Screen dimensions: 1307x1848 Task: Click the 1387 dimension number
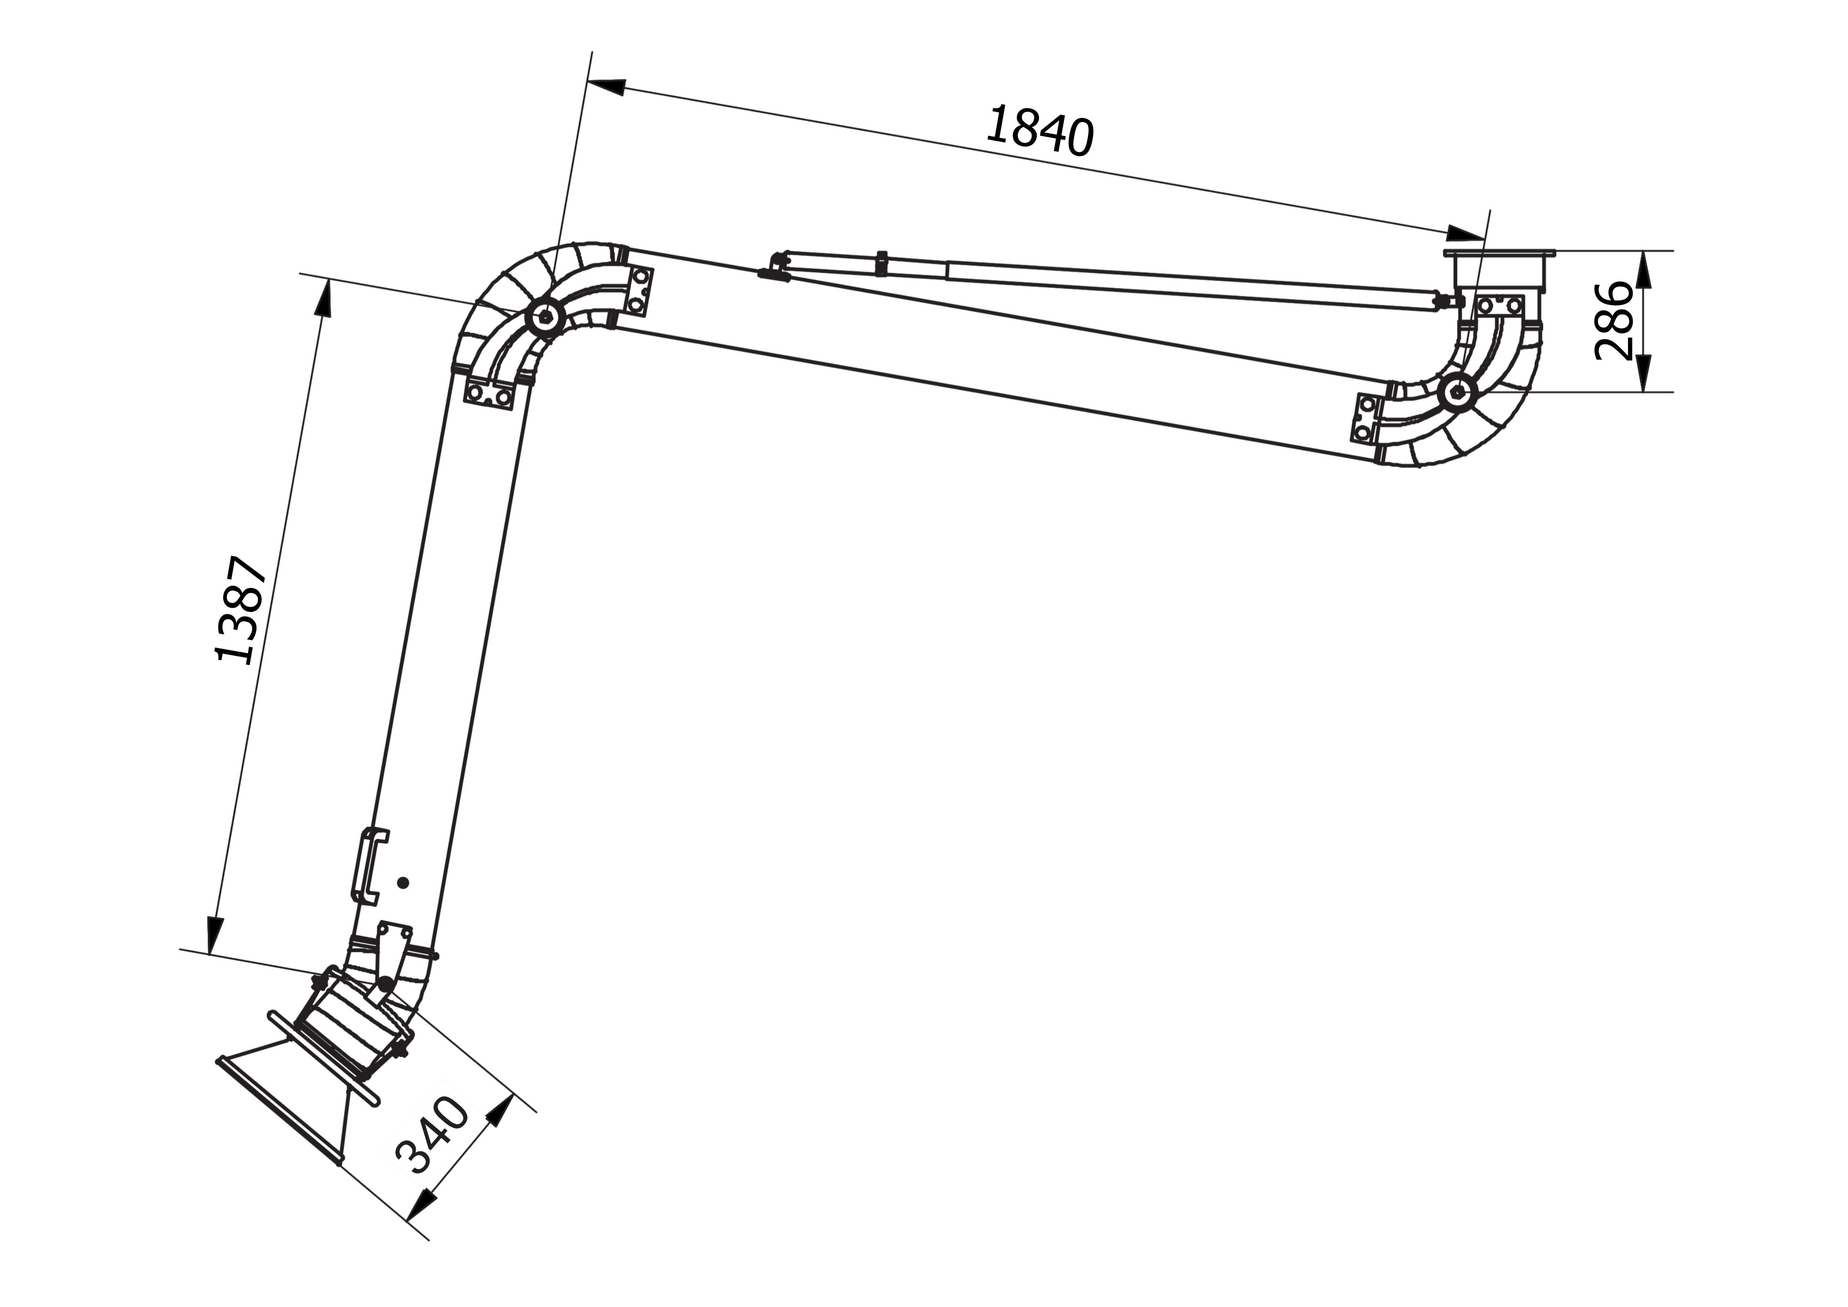coord(241,610)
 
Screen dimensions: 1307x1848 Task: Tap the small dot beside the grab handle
coord(403,883)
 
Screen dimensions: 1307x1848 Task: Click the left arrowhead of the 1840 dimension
coord(607,86)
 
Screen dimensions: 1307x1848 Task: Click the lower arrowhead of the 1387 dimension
coord(214,934)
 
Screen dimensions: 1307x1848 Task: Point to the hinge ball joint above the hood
coord(386,984)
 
